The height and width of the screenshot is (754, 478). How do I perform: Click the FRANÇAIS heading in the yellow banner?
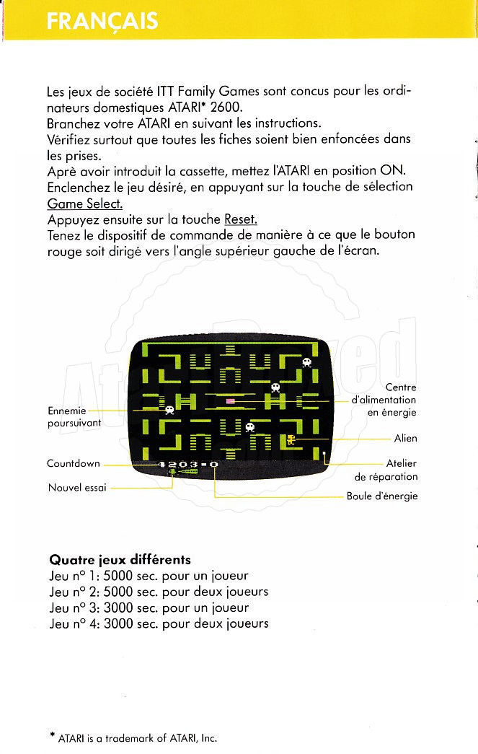(x=102, y=21)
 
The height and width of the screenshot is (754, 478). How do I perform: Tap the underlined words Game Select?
(x=85, y=203)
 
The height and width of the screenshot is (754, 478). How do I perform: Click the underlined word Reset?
(x=241, y=219)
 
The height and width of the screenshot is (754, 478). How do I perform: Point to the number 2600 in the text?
(x=221, y=108)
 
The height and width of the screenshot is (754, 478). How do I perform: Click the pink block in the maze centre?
(x=231, y=400)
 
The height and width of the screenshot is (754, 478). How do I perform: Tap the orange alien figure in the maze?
(x=291, y=439)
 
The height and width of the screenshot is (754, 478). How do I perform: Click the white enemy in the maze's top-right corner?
(x=306, y=362)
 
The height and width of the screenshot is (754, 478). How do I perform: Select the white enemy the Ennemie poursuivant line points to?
(x=169, y=410)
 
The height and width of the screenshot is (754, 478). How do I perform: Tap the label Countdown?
(x=74, y=463)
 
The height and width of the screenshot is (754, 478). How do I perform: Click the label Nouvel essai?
(x=77, y=488)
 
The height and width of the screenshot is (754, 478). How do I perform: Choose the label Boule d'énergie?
(x=382, y=496)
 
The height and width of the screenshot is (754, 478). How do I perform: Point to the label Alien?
(x=405, y=439)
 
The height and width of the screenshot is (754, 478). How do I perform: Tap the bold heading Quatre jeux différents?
(x=120, y=560)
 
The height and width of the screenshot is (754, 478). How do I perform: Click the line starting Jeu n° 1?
(x=149, y=576)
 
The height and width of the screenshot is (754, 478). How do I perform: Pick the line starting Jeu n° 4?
(x=159, y=623)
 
